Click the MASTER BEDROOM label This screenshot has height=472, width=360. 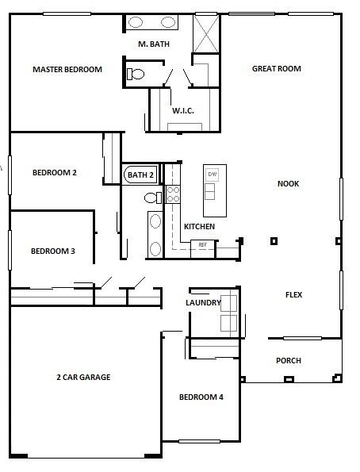click(67, 70)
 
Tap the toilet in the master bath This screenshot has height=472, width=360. click(136, 74)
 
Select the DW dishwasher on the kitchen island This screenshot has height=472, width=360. click(213, 175)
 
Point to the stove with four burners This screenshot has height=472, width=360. click(173, 194)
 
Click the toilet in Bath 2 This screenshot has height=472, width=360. click(153, 198)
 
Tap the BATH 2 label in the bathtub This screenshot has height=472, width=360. click(140, 175)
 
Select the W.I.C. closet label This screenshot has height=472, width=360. click(183, 111)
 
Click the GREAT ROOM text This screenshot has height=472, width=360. click(276, 69)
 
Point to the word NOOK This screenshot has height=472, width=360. click(288, 183)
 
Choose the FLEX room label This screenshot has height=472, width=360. click(293, 294)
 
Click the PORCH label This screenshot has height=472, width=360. click(289, 360)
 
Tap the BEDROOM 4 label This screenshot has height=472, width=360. click(201, 397)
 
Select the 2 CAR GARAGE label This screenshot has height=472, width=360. click(83, 377)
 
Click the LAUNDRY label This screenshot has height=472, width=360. click(203, 302)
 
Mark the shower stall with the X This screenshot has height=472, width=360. click(206, 33)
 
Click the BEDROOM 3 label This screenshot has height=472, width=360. click(53, 251)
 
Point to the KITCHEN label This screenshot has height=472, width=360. click(199, 226)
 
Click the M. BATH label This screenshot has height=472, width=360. click(154, 44)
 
